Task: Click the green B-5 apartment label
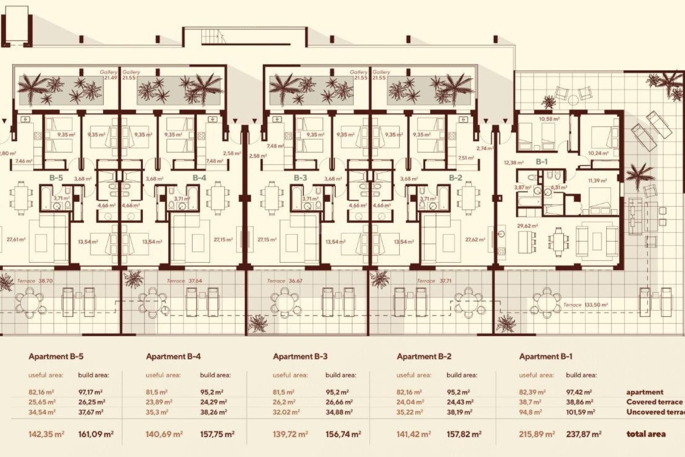point(56,178)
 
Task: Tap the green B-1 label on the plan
point(541,162)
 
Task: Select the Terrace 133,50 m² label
point(585,305)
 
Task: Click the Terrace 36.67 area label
point(284,281)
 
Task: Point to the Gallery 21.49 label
point(108,75)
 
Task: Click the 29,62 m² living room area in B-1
point(527,226)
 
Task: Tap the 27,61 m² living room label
point(16,240)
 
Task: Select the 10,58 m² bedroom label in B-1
point(549,119)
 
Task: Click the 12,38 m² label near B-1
point(513,163)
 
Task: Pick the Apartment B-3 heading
point(300,356)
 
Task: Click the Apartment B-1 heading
point(546,356)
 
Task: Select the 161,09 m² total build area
point(96,435)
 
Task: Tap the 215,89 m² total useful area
point(537,435)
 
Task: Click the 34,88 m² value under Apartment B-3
point(339,412)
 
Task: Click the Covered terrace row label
point(654,402)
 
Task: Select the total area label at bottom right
point(646,435)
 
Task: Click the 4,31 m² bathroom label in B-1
point(558,187)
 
